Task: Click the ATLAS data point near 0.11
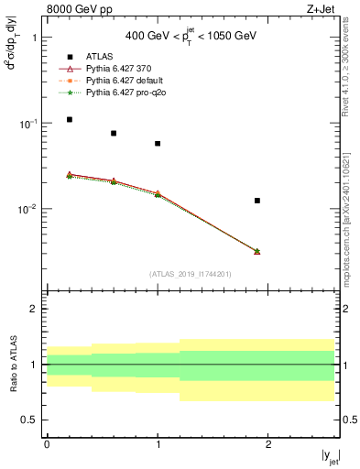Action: point(70,119)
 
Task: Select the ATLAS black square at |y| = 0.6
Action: point(114,133)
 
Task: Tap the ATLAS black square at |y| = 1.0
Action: point(158,143)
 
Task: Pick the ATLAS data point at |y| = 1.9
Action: point(257,200)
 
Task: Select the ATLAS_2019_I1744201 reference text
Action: point(191,274)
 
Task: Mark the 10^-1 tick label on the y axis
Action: point(27,124)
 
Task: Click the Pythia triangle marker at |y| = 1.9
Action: point(257,251)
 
